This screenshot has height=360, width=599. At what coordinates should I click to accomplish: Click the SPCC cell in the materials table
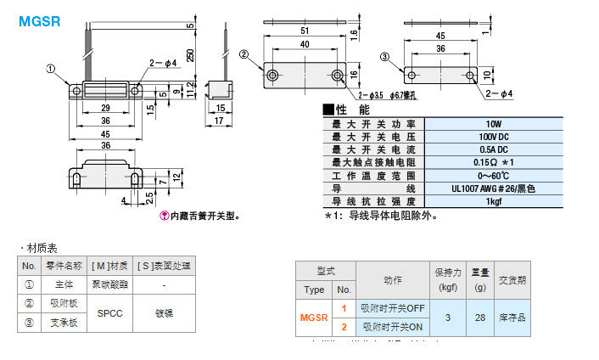[x=110, y=312]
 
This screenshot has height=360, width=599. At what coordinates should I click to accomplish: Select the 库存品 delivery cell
[x=512, y=317]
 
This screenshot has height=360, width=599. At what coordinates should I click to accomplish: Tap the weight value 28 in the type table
[x=482, y=317]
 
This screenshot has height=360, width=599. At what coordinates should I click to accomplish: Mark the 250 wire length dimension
[x=190, y=54]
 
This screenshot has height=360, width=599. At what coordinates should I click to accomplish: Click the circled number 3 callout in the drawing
[x=384, y=58]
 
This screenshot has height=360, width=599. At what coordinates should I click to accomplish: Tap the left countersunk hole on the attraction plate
[x=272, y=76]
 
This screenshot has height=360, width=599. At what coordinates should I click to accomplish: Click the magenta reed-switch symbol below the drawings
[x=165, y=216]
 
